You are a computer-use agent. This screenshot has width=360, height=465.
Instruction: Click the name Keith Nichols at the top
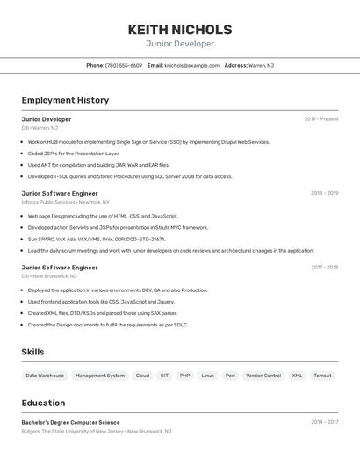pyautogui.click(x=180, y=29)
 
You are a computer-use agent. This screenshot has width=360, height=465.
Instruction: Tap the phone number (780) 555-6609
pyautogui.click(x=123, y=65)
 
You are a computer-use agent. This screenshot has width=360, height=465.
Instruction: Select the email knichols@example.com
pyautogui.click(x=191, y=65)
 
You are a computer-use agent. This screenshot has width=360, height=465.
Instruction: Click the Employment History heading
pyautogui.click(x=65, y=100)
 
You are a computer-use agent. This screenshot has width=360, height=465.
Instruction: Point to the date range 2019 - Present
pyautogui.click(x=320, y=119)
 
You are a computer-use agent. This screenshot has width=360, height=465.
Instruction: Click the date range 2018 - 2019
pyautogui.click(x=324, y=193)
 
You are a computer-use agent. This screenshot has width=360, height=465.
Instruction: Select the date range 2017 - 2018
pyautogui.click(x=324, y=268)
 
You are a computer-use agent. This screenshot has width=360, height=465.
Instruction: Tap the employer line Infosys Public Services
pyautogui.click(x=48, y=202)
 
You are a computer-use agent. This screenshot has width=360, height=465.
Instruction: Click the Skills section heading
pyautogui.click(x=33, y=352)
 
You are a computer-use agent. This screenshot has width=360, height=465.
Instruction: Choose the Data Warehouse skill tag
pyautogui.click(x=45, y=376)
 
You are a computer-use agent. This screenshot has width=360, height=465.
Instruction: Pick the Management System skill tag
pyautogui.click(x=100, y=376)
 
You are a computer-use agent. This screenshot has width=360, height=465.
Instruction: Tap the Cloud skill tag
pyautogui.click(x=142, y=376)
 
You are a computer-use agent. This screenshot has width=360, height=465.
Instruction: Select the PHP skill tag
pyautogui.click(x=185, y=376)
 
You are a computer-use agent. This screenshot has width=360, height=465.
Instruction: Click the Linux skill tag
pyautogui.click(x=207, y=376)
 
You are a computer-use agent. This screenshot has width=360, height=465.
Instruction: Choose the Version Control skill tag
pyautogui.click(x=263, y=376)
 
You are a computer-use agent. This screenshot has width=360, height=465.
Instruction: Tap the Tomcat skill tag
pyautogui.click(x=322, y=376)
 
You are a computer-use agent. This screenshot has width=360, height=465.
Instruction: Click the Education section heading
pyautogui.click(x=43, y=403)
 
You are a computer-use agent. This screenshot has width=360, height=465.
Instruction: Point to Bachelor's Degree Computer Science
pyautogui.click(x=70, y=422)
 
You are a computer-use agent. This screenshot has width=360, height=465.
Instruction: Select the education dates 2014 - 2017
pyautogui.click(x=324, y=422)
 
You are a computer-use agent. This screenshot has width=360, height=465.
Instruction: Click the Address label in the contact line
pyautogui.click(x=235, y=65)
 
